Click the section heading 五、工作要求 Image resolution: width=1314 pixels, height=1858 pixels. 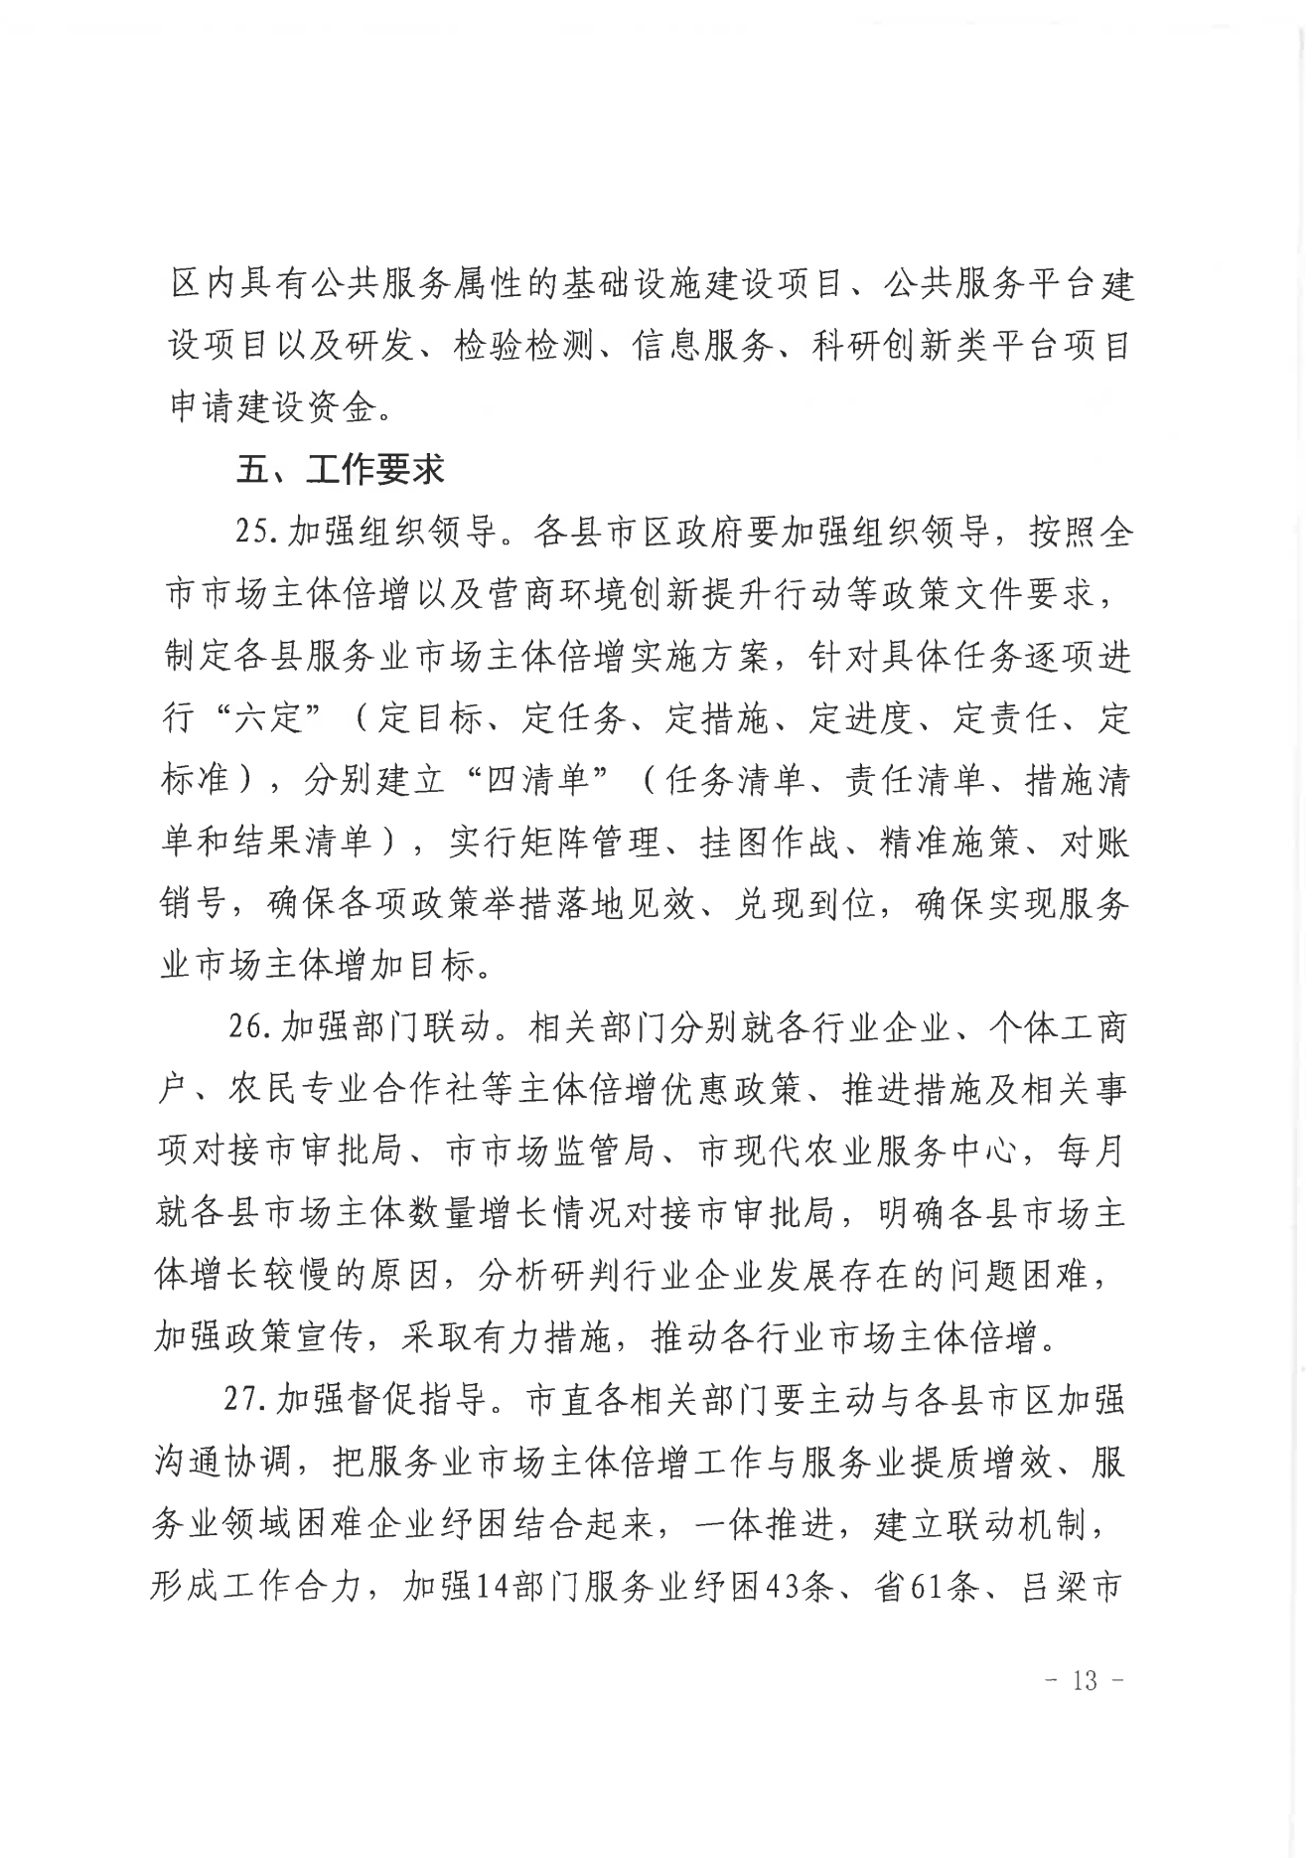340,469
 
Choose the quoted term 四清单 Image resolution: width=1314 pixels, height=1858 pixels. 539,780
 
